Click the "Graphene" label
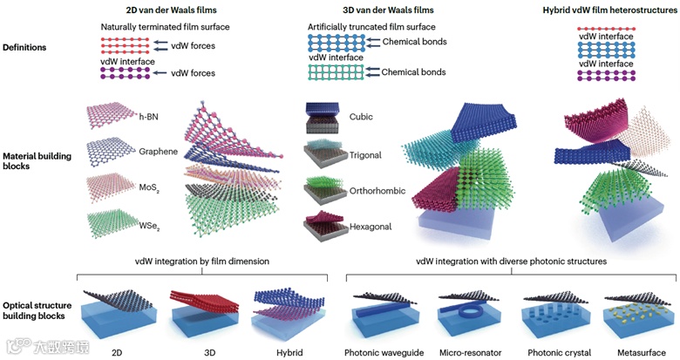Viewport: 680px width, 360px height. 158,152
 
